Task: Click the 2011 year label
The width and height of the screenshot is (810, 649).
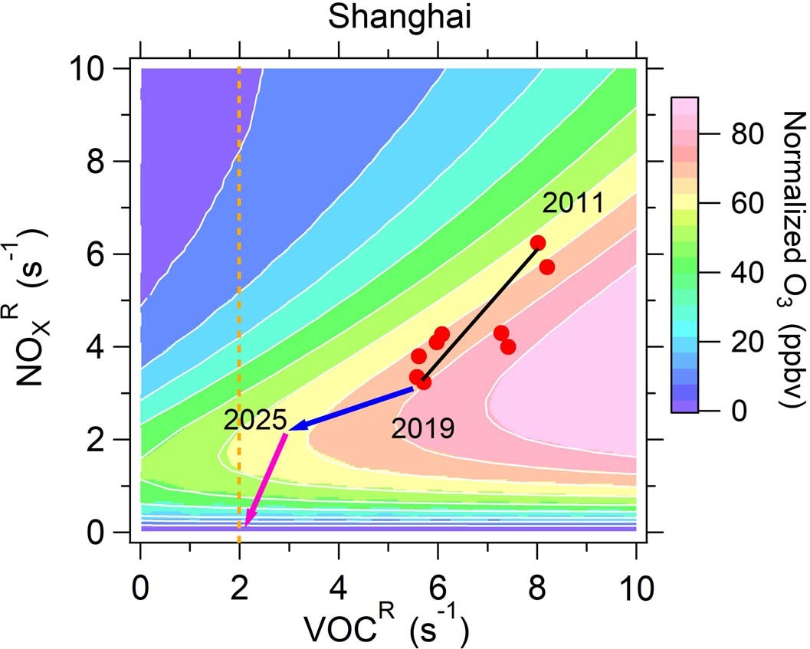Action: pyautogui.click(x=573, y=204)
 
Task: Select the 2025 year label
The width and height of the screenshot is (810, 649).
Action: pyautogui.click(x=255, y=420)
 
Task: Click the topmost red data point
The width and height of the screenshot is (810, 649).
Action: pyautogui.click(x=538, y=242)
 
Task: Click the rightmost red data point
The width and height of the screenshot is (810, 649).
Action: pyautogui.click(x=547, y=267)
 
